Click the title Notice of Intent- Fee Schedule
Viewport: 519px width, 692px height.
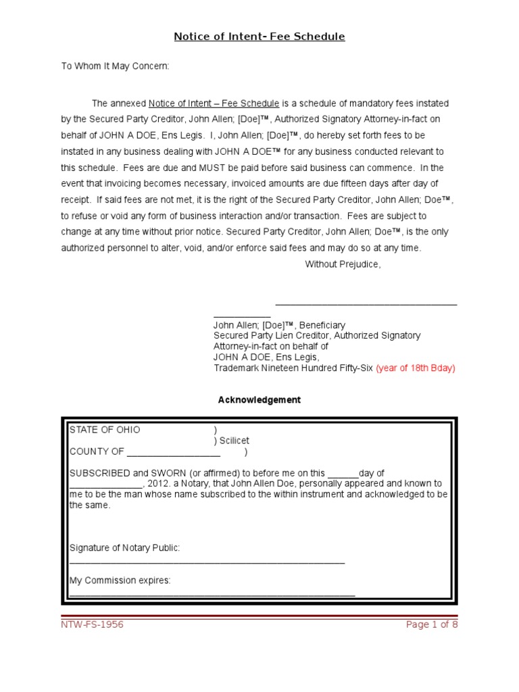tap(259, 36)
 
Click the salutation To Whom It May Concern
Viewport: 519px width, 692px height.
tap(116, 66)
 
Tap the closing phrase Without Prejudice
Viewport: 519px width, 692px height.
tap(343, 264)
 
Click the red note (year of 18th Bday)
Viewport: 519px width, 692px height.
tap(416, 368)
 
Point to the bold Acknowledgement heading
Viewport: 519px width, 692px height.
tap(259, 400)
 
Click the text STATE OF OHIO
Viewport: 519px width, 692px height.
tap(105, 430)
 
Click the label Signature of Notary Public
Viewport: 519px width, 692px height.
tap(125, 548)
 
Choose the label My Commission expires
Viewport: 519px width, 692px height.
tap(120, 580)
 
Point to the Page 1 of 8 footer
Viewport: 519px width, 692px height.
tap(432, 624)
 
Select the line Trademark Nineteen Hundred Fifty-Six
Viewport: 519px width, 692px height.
tap(293, 368)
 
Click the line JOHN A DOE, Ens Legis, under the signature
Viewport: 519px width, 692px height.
tap(266, 357)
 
